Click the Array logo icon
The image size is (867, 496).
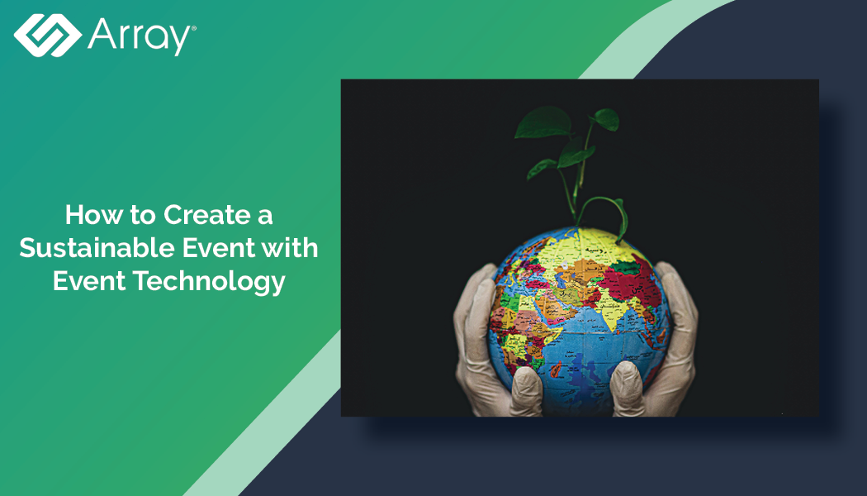47,34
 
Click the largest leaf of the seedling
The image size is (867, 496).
542,122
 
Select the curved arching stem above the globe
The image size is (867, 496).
603,207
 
